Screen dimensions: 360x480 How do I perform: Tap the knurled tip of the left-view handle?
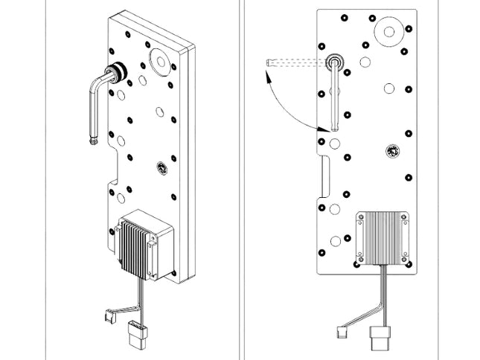93,139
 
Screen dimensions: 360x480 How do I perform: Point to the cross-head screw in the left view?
159,169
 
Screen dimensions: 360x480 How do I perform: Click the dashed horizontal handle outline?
294,62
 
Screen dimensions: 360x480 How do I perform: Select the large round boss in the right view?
387,33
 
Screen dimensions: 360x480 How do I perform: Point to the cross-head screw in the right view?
391,152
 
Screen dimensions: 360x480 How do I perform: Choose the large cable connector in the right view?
380,341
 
